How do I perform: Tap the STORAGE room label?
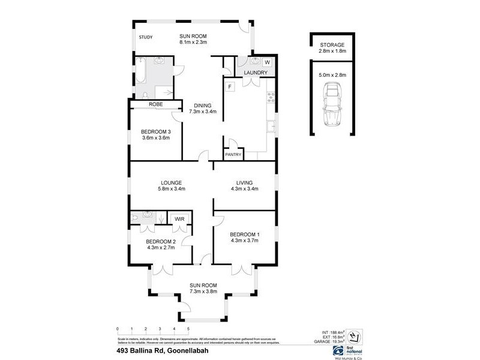331,45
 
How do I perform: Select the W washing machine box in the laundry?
267,62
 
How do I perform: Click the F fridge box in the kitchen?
229,86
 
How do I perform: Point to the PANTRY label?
233,155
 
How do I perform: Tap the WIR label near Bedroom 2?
179,219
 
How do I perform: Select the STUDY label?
146,38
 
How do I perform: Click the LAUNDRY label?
255,73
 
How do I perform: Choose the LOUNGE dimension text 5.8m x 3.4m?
171,190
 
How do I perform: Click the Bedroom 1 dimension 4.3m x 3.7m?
244,241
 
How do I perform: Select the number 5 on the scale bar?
188,329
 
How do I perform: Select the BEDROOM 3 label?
156,132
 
